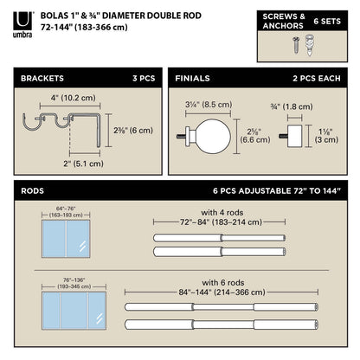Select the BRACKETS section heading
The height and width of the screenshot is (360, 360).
(x=45, y=78)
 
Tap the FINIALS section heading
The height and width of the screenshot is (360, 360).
(x=193, y=78)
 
